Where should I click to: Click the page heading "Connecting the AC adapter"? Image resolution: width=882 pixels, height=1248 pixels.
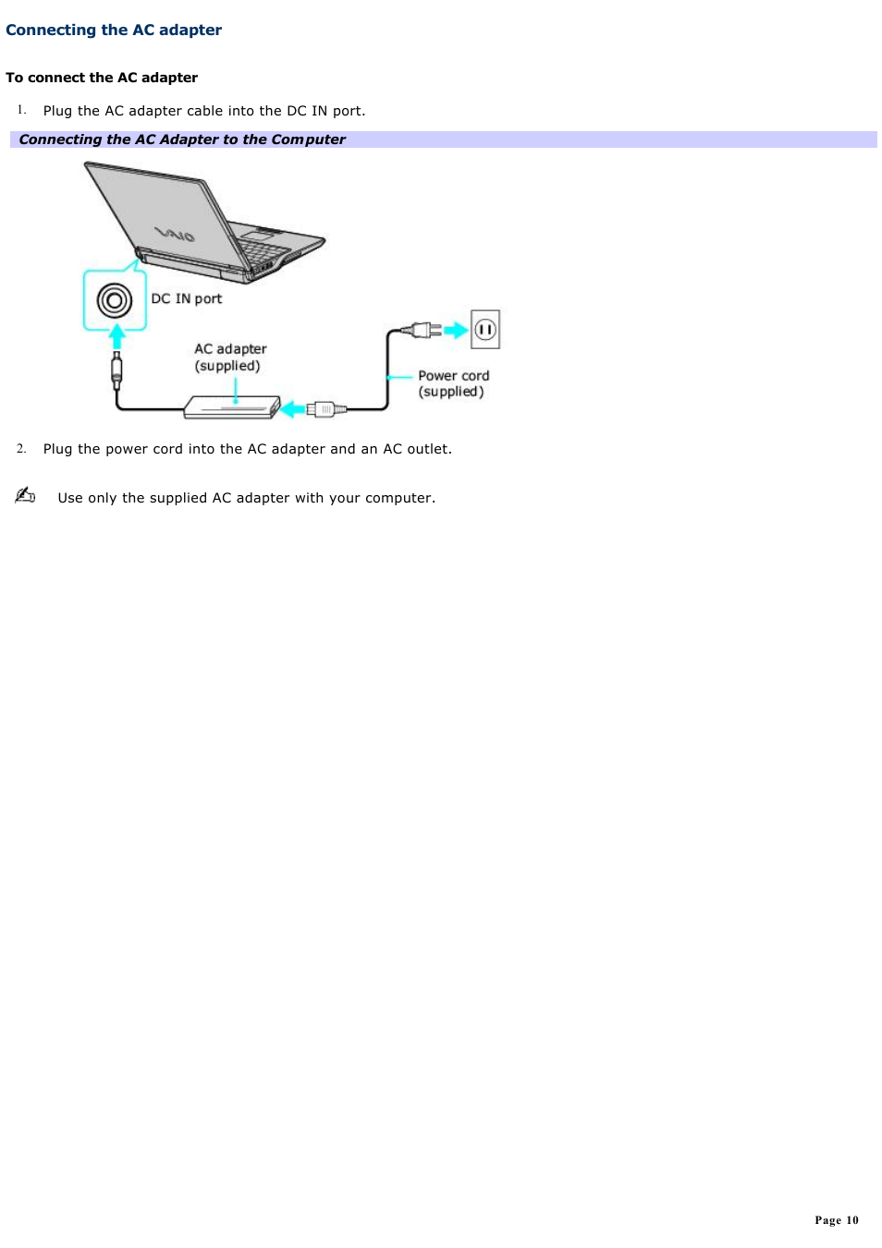114,30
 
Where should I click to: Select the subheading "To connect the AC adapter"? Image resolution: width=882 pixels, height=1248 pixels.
102,78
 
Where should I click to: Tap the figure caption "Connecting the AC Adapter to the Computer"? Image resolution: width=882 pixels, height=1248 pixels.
182,139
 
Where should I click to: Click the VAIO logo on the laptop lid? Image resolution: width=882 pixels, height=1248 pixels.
175,234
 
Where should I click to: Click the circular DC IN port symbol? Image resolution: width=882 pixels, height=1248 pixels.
115,300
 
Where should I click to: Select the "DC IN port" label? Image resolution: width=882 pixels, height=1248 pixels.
187,298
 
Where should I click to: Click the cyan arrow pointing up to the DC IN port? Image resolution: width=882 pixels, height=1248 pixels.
116,335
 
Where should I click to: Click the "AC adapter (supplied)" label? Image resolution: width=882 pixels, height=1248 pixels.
229,357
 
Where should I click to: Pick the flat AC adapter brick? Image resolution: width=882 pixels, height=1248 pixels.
231,406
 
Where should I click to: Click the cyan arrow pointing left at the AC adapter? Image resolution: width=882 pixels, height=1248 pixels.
293,408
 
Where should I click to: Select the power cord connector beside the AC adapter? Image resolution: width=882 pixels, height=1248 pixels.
325,408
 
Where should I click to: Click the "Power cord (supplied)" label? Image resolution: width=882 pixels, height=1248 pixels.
453,383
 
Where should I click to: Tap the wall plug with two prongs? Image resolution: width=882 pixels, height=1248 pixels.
423,330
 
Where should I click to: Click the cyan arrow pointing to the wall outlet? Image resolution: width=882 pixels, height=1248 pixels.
456,330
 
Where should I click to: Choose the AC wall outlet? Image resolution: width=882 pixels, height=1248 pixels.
485,329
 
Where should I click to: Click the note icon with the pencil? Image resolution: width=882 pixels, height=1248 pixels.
25,495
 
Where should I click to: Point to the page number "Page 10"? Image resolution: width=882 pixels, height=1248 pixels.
836,1220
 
